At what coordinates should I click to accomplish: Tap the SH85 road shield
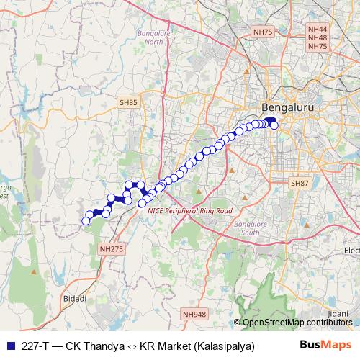pos(129,103)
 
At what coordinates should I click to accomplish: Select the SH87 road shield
pos(299,184)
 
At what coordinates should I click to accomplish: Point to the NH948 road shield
pos(194,314)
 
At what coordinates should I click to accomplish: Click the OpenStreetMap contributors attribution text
pos(297,322)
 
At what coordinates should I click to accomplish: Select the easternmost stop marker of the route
pos(274,125)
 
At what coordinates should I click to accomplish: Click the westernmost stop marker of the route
pos(85,221)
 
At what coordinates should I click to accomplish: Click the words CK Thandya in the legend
pos(95,345)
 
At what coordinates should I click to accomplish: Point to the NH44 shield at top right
pos(317,29)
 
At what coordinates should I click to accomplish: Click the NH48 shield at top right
pos(317,37)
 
